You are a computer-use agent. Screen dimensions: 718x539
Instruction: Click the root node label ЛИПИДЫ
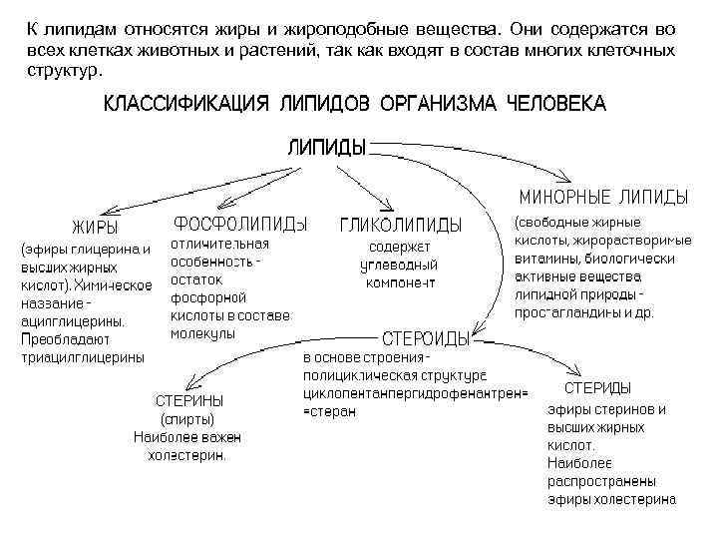(x=327, y=147)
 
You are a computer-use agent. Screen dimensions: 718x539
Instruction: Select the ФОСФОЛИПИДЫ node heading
(x=240, y=221)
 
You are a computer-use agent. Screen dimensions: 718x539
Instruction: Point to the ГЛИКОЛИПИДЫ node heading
(x=401, y=223)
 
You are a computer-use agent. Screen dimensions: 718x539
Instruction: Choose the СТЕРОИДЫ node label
(x=426, y=338)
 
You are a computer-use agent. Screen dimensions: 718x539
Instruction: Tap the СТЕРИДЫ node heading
(x=597, y=387)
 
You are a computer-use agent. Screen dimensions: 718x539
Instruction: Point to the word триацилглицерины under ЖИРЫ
(x=83, y=356)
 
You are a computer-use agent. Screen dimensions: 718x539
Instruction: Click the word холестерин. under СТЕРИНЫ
(x=187, y=454)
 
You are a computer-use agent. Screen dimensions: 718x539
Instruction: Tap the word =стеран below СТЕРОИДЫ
(x=329, y=411)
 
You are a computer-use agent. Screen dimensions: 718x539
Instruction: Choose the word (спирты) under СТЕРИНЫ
(x=187, y=419)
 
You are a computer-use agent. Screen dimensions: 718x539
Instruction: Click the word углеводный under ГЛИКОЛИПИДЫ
(x=399, y=266)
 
